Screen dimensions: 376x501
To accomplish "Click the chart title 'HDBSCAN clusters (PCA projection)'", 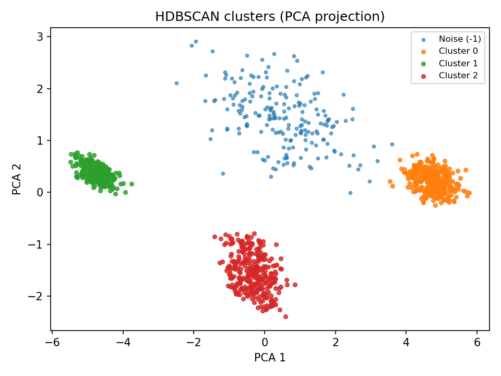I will [x=270, y=17].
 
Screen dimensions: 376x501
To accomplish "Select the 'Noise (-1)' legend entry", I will [x=459, y=39].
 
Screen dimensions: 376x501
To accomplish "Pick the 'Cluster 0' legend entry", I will [x=458, y=51].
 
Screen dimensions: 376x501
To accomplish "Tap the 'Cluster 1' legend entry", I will [x=458, y=63].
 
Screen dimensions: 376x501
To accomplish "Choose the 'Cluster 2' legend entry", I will [x=458, y=76].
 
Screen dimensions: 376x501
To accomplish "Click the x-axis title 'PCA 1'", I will [x=270, y=358].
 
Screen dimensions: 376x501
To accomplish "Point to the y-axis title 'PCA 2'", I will [x=17, y=179].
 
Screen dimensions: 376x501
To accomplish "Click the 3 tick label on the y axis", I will [x=40, y=37].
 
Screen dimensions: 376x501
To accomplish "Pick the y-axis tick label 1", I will [x=40, y=140].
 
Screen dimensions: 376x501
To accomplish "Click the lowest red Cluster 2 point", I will [x=285, y=316].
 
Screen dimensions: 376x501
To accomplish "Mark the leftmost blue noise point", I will [x=176, y=83].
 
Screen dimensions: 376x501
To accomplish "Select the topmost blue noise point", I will [x=196, y=41].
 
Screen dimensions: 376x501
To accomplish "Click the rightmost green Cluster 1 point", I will [x=132, y=184].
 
